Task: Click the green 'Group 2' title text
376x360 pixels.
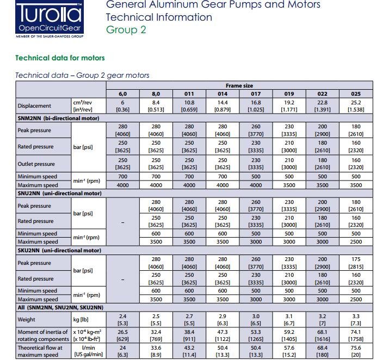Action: click(126, 29)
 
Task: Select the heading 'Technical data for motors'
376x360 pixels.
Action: click(60, 58)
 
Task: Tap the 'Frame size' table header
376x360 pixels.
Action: click(239, 85)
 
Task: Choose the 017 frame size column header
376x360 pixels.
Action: click(255, 94)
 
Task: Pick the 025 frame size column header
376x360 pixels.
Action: click(356, 94)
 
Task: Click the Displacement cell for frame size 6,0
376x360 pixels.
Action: click(122, 105)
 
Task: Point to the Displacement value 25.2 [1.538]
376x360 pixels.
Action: click(356, 105)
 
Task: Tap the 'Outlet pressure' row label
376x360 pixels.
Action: click(36, 164)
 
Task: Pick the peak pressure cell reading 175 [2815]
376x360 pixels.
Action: click(356, 263)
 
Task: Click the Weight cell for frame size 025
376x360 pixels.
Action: click(356, 320)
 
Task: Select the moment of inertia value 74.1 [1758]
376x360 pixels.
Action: click(356, 334)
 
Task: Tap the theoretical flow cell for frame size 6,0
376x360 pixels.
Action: click(122, 351)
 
